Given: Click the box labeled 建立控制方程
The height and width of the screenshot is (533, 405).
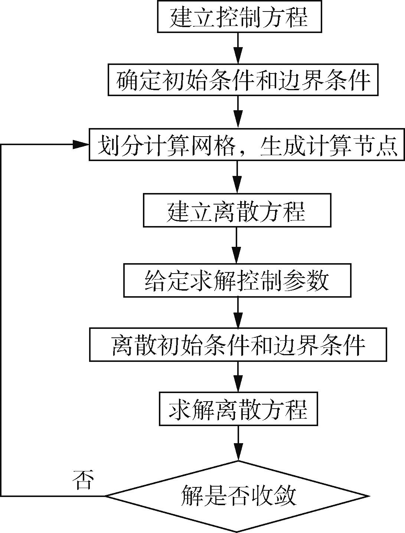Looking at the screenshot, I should click(239, 17).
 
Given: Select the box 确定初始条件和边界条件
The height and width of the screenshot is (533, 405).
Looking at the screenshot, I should click(243, 80).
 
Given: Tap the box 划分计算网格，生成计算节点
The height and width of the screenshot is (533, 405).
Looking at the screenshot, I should click(246, 144).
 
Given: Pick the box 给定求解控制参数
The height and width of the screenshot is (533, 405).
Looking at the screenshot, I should click(237, 280).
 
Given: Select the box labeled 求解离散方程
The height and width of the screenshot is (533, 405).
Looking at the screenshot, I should click(238, 410).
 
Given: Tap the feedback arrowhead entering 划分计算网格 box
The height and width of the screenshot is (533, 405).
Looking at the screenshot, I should click(81, 144).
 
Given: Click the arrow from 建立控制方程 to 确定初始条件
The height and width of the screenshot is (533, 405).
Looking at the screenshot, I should click(238, 48).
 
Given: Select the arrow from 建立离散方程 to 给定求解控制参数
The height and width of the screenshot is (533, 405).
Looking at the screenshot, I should click(237, 245).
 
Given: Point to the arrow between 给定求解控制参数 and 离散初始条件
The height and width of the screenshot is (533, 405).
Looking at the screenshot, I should click(238, 312).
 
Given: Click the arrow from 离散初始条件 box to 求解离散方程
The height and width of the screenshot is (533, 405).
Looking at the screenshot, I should click(238, 377).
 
